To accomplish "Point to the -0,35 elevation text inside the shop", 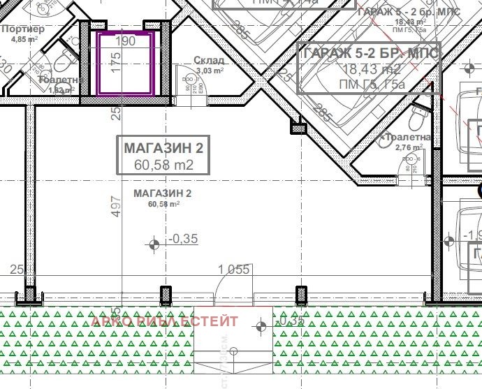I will [184, 239].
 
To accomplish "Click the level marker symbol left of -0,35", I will [155, 243].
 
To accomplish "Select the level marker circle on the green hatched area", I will [261, 325].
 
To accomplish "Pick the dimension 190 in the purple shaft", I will [125, 41].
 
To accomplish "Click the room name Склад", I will [209, 61].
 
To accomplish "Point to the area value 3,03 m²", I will [210, 71].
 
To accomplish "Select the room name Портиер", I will [23, 29].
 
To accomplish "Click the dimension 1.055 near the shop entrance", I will [234, 270].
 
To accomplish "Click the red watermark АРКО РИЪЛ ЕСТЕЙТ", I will [165, 321].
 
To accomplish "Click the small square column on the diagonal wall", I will [298, 129].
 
